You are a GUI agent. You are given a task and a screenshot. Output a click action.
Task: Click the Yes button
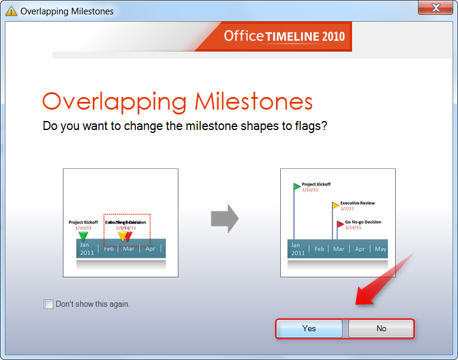(309, 328)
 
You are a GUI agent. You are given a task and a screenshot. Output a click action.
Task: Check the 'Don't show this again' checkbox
(48, 304)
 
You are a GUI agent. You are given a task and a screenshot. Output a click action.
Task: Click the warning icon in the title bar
(11, 11)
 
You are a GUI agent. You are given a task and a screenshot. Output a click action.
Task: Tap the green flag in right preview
(298, 186)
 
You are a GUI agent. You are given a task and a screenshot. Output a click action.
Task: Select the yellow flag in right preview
(336, 205)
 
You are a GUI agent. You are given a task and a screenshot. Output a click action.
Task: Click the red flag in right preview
(340, 225)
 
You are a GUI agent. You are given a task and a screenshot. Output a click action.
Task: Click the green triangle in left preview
(83, 237)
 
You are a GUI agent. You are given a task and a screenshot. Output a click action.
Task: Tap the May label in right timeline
(380, 249)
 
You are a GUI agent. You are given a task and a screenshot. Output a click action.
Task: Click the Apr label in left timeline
(150, 249)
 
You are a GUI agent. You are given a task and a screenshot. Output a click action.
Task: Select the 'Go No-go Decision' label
(363, 222)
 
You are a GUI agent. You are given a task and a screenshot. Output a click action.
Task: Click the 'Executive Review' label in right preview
(359, 203)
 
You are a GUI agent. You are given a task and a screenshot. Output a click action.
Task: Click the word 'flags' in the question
(310, 126)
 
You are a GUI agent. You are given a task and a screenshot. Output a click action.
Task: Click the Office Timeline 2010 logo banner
(284, 36)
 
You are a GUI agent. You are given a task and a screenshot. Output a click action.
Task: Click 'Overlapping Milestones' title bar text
(66, 11)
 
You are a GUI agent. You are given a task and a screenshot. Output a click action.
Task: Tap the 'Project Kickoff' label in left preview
(83, 222)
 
